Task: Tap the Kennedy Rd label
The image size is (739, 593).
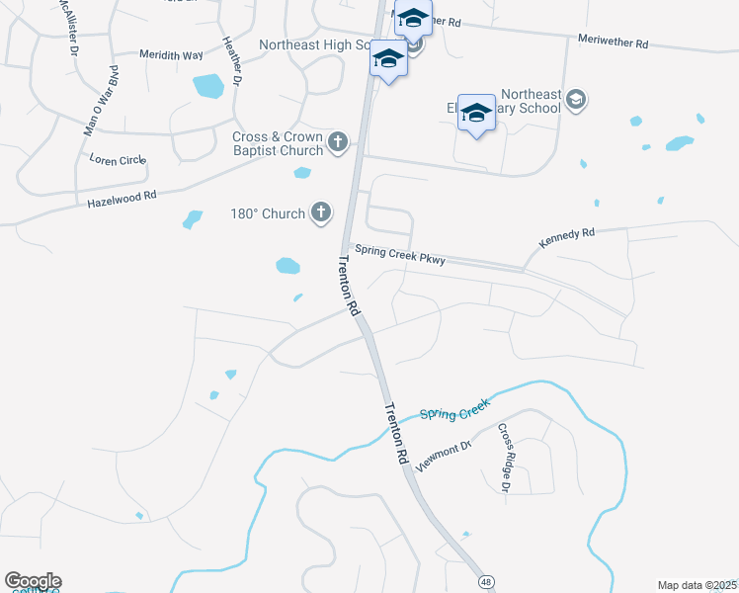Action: pyautogui.click(x=567, y=238)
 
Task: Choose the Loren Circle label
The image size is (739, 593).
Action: pyautogui.click(x=118, y=158)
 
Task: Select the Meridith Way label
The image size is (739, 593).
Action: pyautogui.click(x=170, y=54)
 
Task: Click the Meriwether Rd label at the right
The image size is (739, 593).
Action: pyautogui.click(x=613, y=43)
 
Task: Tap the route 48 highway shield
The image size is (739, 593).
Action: pyautogui.click(x=486, y=583)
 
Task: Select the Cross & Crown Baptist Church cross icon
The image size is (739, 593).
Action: pyautogui.click(x=338, y=142)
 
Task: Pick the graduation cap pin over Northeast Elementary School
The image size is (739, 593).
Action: pyautogui.click(x=476, y=114)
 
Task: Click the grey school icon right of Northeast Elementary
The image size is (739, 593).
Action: pyautogui.click(x=577, y=100)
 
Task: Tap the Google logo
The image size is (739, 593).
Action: pyautogui.click(x=33, y=581)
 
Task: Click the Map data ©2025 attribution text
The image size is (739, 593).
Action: pyautogui.click(x=697, y=585)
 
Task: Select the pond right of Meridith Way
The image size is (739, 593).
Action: pyautogui.click(x=208, y=86)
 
